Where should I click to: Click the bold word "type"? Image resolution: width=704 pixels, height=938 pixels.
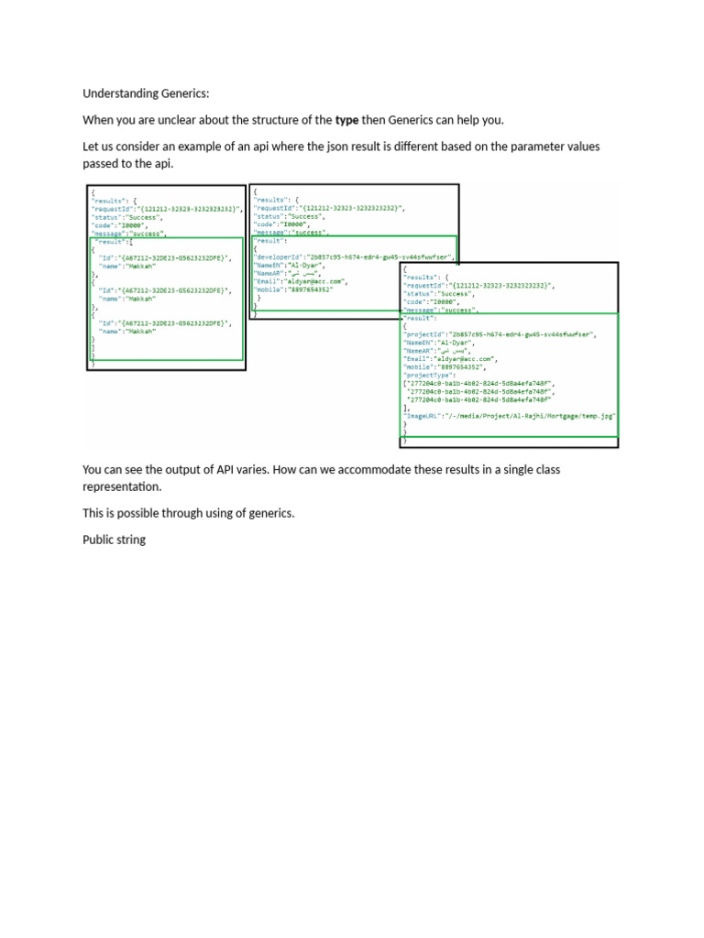click(x=346, y=120)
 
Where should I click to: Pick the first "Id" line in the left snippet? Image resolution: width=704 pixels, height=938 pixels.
click(x=165, y=258)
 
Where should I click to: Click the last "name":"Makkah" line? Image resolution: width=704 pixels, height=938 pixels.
click(x=127, y=331)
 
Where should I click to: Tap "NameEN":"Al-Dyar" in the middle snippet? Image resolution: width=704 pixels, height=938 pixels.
click(x=283, y=265)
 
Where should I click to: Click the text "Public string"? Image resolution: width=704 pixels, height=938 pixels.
click(x=114, y=540)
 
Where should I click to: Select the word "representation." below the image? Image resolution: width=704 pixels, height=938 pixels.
click(x=121, y=486)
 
